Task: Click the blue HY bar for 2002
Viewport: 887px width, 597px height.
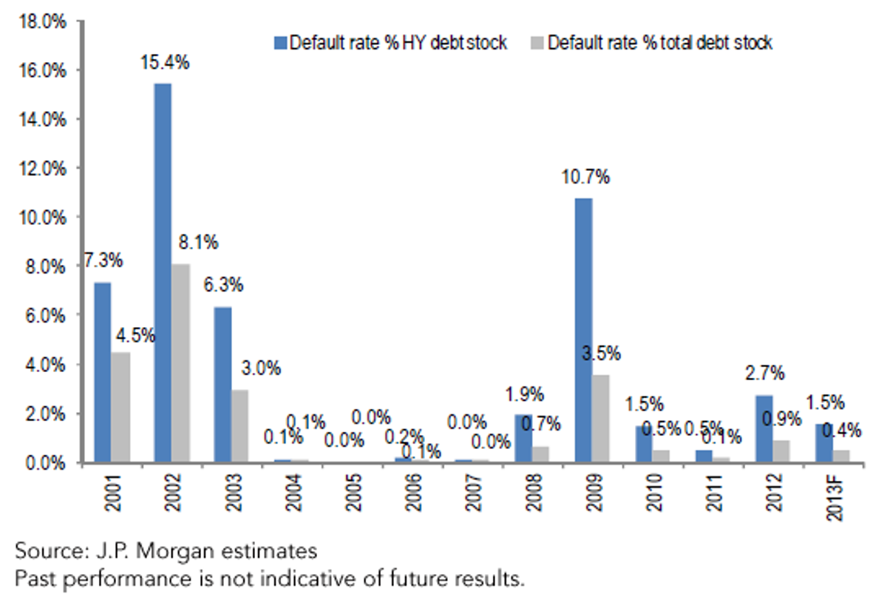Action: pos(163,273)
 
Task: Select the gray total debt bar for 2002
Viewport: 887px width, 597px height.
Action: pos(180,362)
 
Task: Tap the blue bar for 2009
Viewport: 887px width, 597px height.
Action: pos(584,330)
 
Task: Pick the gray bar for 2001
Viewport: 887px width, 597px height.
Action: pos(120,407)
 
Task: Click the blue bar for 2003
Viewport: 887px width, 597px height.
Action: pos(223,385)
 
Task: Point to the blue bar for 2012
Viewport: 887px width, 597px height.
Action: pos(764,429)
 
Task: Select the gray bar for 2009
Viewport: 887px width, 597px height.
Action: pos(601,419)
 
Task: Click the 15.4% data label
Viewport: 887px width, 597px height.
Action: pos(165,63)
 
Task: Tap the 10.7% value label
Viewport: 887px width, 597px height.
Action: pos(585,178)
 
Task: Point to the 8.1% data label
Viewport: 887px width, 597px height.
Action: pos(198,242)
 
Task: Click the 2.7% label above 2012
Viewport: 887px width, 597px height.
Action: pos(764,374)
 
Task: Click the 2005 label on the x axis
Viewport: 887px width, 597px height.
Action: pos(354,493)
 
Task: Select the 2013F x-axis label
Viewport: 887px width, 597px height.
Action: pos(835,497)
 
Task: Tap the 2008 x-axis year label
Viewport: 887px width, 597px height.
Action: pos(534,493)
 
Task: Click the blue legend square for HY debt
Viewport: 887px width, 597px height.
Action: pos(280,43)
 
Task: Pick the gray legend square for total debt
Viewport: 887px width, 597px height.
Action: pos(537,43)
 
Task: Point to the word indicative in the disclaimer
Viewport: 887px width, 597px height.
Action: pos(298,579)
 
